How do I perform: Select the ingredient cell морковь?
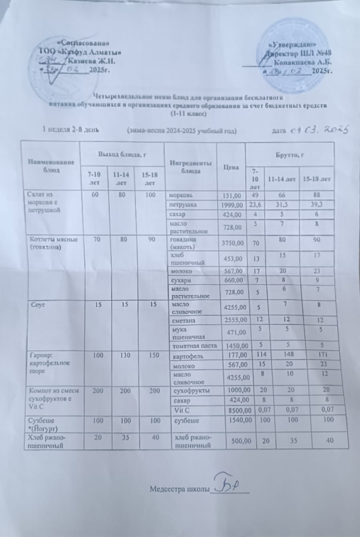[x=181, y=195]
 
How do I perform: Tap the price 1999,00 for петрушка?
[x=232, y=205]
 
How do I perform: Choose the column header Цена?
[x=231, y=167]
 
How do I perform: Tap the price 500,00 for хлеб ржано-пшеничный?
[x=240, y=441]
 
